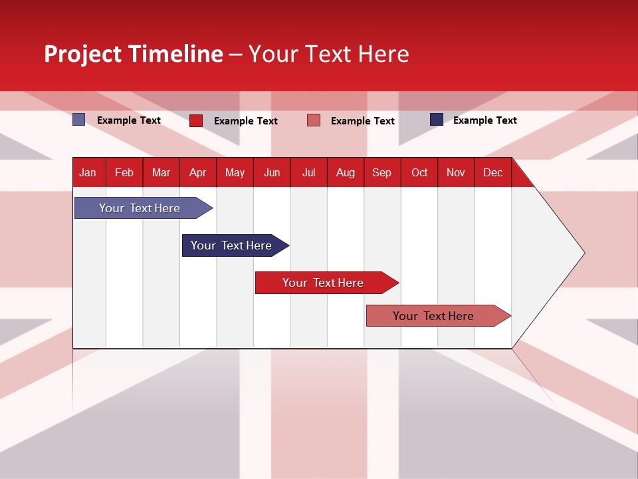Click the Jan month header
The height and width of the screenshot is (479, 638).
88,172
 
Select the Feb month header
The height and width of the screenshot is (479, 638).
124,172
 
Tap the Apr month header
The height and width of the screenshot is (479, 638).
197,172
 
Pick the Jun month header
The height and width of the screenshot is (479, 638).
272,172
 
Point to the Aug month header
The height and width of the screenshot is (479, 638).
345,172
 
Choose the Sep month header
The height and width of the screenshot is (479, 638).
381,172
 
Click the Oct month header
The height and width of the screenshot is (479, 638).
419,172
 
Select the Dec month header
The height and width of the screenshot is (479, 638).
492,172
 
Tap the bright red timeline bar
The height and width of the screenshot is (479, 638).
324,283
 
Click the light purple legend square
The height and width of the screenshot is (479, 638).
79,120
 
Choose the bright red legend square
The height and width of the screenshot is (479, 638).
196,120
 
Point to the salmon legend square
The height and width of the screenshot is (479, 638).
314,120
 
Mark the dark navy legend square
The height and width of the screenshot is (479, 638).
437,120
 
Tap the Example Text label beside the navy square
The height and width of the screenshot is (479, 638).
484,120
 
